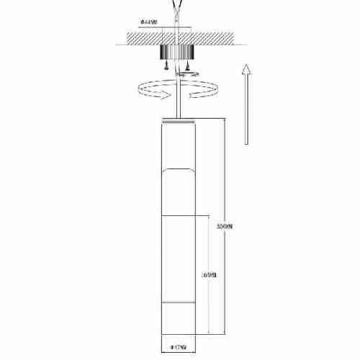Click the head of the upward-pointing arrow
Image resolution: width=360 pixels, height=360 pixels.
[x=246, y=69]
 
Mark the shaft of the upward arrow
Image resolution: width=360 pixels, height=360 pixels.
[x=246, y=108]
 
